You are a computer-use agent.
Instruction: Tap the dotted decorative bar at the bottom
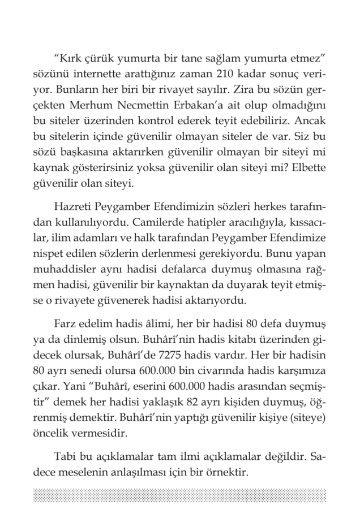coord(180,494)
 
